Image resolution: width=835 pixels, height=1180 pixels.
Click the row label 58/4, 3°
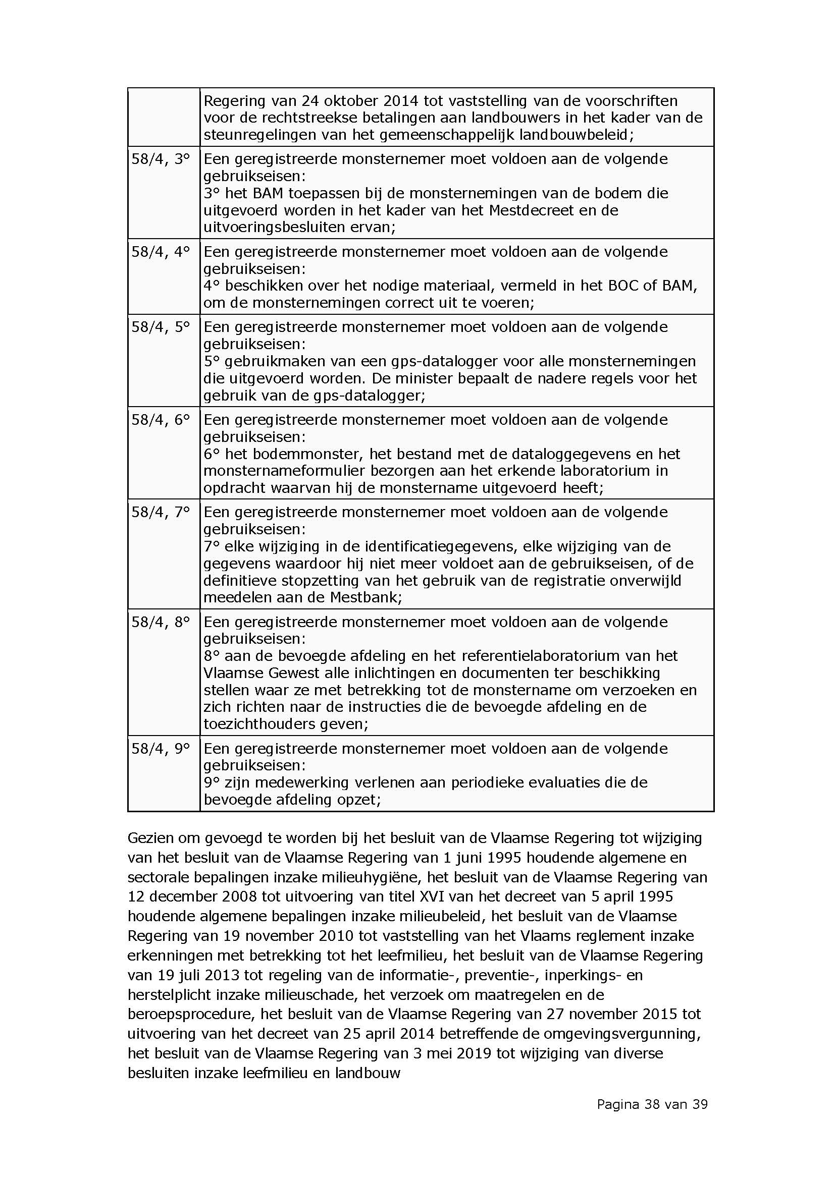tap(161, 159)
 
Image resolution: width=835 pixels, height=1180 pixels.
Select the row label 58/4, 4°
tap(161, 252)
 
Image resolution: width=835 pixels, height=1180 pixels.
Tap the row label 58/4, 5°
tap(161, 327)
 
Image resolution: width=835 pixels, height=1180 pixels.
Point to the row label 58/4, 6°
tap(161, 419)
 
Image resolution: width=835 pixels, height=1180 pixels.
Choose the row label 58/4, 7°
tap(161, 512)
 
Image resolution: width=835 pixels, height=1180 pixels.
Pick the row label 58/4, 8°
tap(161, 622)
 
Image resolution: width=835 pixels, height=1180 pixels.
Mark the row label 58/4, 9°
tap(161, 748)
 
